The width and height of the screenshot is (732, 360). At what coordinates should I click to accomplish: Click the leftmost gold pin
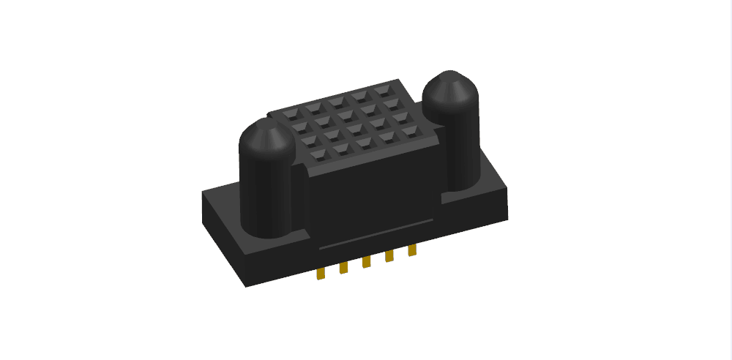[x=321, y=274]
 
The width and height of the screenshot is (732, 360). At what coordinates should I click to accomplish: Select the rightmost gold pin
[x=412, y=250]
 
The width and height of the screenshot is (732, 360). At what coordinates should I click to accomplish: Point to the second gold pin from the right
[x=390, y=256]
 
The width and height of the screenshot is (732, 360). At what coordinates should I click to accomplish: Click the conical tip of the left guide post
[x=267, y=134]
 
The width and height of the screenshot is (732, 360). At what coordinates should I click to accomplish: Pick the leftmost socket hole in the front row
[x=319, y=154]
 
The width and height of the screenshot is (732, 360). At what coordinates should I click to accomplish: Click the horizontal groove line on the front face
[x=373, y=234]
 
